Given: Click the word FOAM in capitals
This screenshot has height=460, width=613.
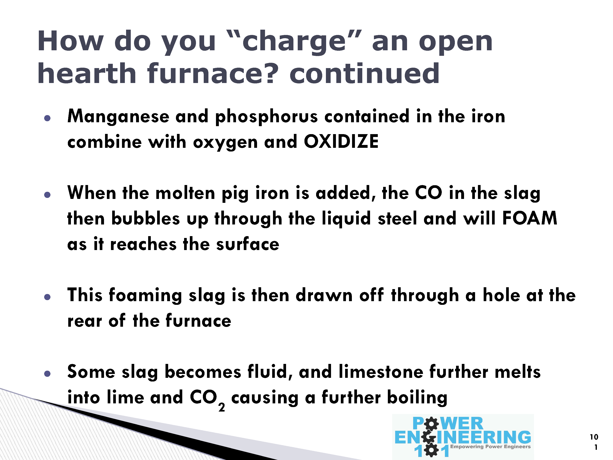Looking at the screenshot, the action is coord(530,218).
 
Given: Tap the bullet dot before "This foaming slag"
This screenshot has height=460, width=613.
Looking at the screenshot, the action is coord(47,297).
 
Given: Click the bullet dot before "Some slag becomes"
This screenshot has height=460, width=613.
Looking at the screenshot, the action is coord(47,374).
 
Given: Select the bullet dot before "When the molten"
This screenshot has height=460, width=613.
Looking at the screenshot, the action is coord(47,195).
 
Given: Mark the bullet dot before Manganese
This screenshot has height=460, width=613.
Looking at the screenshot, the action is coord(47,118).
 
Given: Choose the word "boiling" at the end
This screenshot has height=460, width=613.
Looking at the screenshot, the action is coord(417,398).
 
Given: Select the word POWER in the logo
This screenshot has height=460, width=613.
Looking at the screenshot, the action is coord(448,423).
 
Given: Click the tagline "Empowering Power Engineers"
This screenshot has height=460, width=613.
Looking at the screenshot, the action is coord(490,447).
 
